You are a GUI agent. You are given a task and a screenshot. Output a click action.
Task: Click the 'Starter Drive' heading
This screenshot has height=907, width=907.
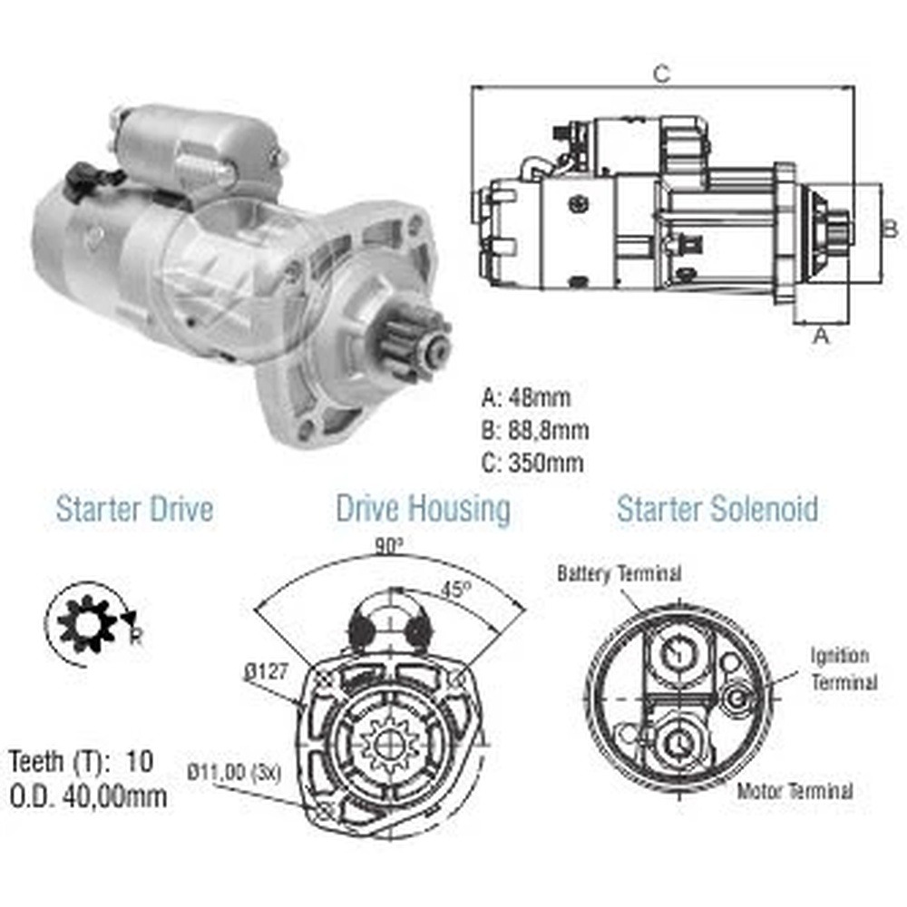click(135, 509)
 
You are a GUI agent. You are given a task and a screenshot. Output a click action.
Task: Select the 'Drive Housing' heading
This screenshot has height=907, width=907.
click(424, 509)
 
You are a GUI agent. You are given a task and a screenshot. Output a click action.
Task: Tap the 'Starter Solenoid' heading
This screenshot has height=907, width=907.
click(717, 509)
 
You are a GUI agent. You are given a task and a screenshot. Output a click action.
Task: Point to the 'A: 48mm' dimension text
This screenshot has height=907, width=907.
click(526, 398)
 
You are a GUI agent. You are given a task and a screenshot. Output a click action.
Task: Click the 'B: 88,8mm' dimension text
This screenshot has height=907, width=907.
click(535, 430)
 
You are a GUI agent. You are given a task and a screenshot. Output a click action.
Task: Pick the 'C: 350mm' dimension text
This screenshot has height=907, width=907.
click(532, 463)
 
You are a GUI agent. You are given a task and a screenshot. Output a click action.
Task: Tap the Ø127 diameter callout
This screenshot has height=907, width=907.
click(266, 671)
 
